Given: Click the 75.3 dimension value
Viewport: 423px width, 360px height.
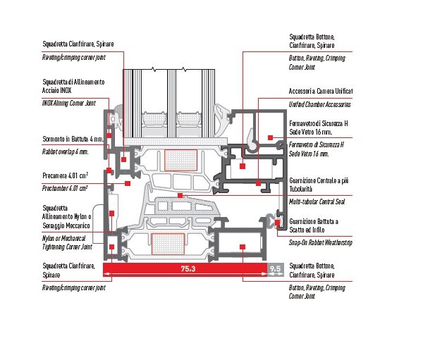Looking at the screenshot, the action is (x=188, y=268).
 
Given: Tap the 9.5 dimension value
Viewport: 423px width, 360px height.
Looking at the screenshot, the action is (x=276, y=268).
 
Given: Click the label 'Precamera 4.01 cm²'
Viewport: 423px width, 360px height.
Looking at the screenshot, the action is (x=66, y=176).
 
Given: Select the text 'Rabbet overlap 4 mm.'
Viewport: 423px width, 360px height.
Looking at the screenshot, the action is (x=66, y=152).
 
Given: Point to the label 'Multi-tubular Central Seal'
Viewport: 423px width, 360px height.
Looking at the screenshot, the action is (x=317, y=201).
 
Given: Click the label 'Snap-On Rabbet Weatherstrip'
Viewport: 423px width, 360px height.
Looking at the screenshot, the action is (x=321, y=242).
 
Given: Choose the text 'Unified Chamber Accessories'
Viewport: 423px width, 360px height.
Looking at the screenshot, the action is (x=319, y=104).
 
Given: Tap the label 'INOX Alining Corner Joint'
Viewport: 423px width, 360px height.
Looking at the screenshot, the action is (x=69, y=103).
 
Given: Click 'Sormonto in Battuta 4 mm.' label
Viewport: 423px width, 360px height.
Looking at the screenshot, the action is (x=73, y=139).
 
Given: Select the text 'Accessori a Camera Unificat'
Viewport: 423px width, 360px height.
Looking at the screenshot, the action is (x=321, y=91).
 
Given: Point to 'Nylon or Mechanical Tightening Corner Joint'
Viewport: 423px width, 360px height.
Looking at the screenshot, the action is (x=67, y=242).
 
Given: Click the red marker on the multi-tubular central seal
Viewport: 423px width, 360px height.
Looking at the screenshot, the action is (x=180, y=196).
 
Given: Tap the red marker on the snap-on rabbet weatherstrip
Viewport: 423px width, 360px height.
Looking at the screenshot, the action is (x=277, y=223).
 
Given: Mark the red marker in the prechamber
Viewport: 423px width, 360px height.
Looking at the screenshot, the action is (x=128, y=184).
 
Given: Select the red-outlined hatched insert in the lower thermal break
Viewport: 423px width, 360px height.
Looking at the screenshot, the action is (x=168, y=244).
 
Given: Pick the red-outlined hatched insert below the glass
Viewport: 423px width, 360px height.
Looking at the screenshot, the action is (x=180, y=160).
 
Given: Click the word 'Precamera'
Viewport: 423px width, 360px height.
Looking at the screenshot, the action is (x=54, y=176).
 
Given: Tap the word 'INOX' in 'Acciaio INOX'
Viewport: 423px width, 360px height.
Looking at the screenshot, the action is (x=66, y=90).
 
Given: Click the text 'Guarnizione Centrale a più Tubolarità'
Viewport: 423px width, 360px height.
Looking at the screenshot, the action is (x=319, y=185).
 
